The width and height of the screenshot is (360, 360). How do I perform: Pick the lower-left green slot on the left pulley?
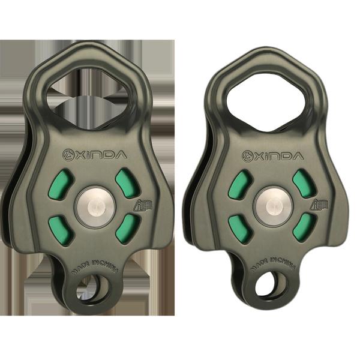(x=57, y=228)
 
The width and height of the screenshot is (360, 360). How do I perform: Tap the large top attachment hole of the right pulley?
(x=267, y=98)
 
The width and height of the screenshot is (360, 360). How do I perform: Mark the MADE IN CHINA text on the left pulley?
(x=95, y=268)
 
